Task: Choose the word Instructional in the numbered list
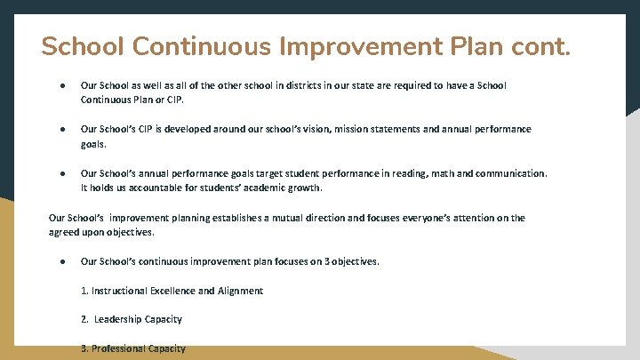click(122, 291)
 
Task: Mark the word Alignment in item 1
click(240, 291)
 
